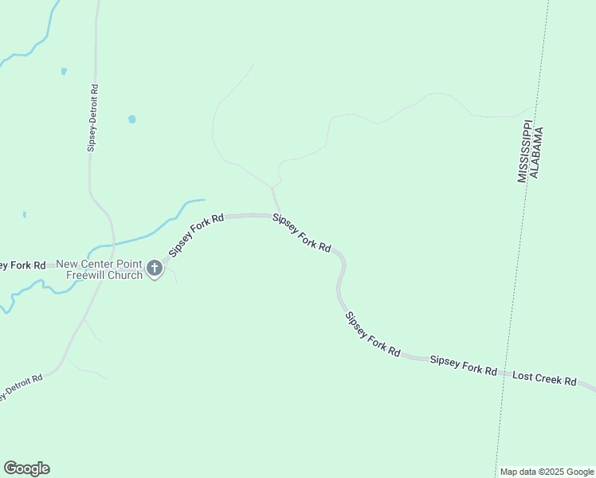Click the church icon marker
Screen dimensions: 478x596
click(155, 268)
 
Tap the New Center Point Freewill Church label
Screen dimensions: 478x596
click(99, 269)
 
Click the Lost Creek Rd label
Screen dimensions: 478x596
click(544, 378)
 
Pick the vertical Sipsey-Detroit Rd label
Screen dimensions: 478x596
click(93, 118)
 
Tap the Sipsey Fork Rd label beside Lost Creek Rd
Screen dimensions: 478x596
click(463, 366)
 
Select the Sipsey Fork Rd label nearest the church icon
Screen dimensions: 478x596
click(195, 235)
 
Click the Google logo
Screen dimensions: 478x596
click(26, 468)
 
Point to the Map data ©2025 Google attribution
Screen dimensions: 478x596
click(547, 472)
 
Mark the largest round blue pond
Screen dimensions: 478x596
click(131, 119)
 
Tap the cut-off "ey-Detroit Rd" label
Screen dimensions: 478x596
click(21, 387)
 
